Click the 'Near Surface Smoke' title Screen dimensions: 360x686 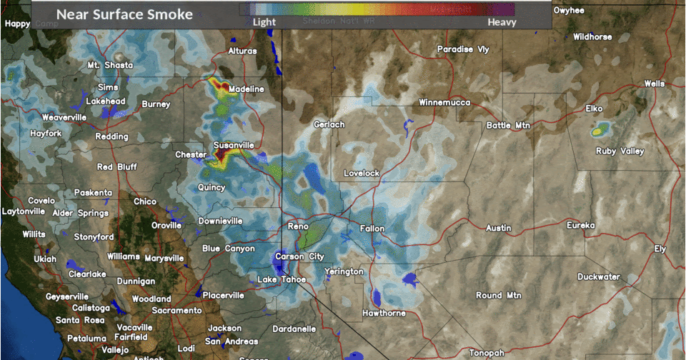pos(124,14)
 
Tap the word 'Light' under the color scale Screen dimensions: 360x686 pos(264,22)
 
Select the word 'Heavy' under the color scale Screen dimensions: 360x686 pos(502,22)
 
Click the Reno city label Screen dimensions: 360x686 pos(297,226)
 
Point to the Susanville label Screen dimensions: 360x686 pos(234,146)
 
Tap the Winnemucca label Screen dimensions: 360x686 pos(444,103)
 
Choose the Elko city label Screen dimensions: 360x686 pos(594,109)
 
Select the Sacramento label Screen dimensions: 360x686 pos(177,311)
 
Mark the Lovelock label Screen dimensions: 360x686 pos(362,174)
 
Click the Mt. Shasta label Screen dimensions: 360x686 pos(110,66)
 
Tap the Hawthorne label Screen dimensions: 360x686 pos(384,313)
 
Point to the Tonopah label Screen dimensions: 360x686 pos(487,353)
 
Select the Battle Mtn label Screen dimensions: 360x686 pos(509,126)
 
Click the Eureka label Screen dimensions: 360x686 pos(581,226)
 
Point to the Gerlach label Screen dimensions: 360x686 pos(329,124)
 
